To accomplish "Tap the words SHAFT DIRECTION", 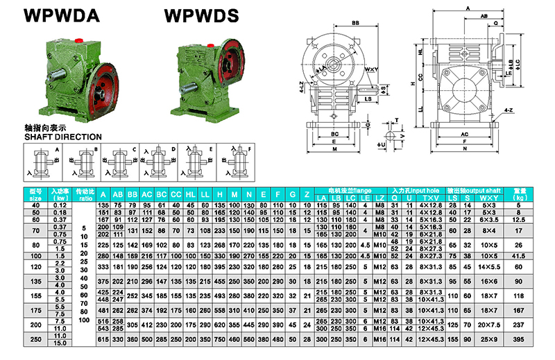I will [x=62, y=137].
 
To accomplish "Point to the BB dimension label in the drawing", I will [x=356, y=24].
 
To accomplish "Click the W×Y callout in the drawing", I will [x=371, y=69].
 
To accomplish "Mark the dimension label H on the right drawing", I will [x=412, y=83].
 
